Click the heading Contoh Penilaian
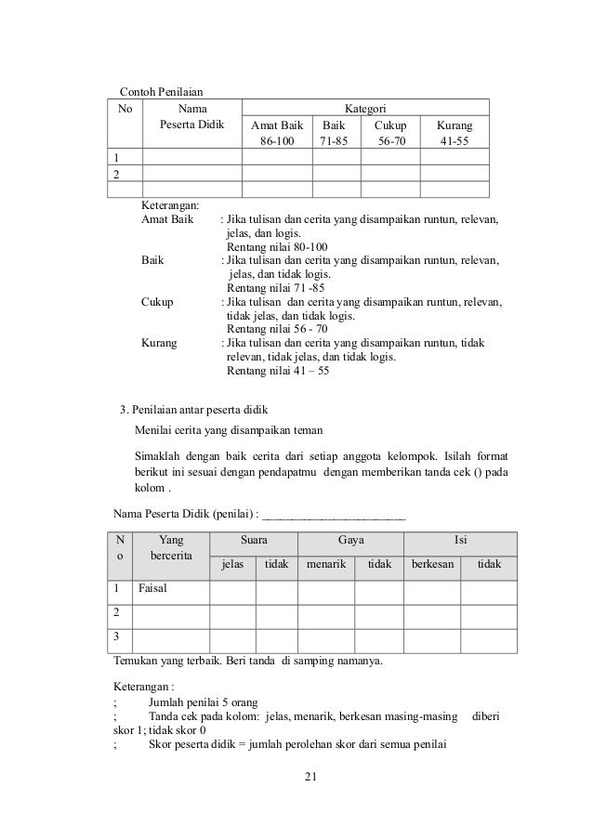(x=161, y=91)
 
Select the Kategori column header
(x=365, y=109)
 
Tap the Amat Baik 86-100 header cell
(x=276, y=134)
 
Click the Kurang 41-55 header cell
(x=455, y=134)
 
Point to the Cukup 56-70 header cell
(x=390, y=134)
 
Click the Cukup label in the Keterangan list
(x=157, y=302)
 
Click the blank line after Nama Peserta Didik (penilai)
(x=335, y=512)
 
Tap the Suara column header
(x=253, y=540)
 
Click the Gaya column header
(x=350, y=540)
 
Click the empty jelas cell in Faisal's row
(x=231, y=591)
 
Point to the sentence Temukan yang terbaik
(x=246, y=662)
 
